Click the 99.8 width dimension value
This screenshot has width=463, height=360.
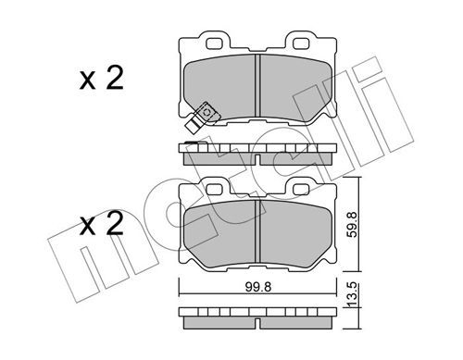point(258,287)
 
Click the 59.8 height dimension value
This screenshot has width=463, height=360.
point(352,224)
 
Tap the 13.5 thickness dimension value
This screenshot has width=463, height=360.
point(352,294)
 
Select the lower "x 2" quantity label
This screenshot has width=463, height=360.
point(102,224)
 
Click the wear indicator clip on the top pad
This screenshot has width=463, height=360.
point(202,118)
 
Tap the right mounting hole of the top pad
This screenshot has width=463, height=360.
point(301,43)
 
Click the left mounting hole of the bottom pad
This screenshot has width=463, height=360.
point(214,190)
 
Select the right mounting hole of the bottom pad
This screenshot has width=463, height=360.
point(301,190)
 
